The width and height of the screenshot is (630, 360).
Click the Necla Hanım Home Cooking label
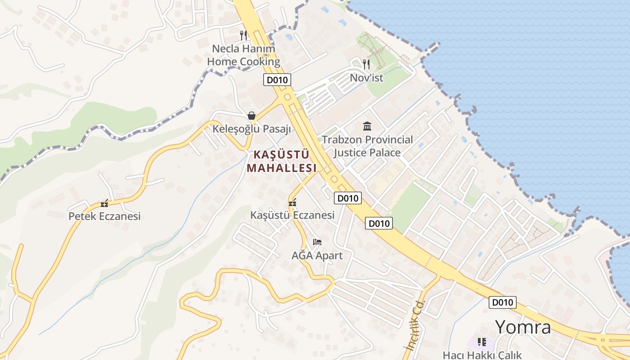click(243, 55)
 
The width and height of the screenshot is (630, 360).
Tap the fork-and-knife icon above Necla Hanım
click(243, 35)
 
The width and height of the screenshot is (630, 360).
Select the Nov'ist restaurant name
click(366, 78)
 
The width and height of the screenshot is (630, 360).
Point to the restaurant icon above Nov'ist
click(366, 64)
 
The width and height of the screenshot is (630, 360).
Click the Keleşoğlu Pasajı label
click(252, 129)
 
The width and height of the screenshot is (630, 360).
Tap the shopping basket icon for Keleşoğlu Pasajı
click(252, 116)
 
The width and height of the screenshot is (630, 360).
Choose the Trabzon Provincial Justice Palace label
click(367, 146)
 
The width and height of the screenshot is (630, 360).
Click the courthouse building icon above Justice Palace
click(367, 126)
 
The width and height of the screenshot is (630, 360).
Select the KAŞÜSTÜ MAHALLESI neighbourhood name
click(282, 161)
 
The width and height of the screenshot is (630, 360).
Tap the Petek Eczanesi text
click(104, 216)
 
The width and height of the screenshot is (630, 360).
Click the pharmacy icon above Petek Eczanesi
click(104, 203)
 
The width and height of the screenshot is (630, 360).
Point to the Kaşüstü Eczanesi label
click(292, 215)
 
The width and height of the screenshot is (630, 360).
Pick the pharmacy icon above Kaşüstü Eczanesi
click(292, 203)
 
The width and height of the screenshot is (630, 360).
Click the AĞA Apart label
click(317, 256)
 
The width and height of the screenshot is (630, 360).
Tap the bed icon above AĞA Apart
click(317, 242)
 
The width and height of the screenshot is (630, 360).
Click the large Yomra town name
click(523, 327)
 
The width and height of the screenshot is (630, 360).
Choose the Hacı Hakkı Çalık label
click(482, 355)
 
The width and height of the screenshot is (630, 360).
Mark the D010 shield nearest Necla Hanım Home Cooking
click(277, 80)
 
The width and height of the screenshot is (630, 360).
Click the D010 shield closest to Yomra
click(503, 302)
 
